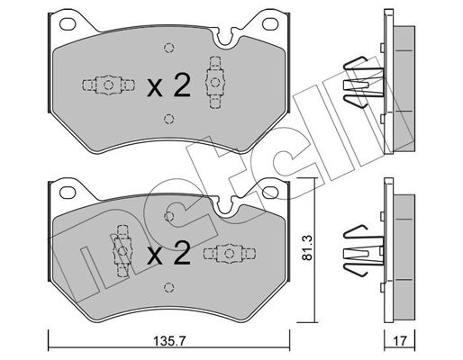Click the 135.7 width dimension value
(170, 341)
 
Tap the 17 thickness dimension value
(400, 341)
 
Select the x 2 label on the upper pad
(168, 86)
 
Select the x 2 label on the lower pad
(168, 254)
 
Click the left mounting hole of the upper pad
(68, 24)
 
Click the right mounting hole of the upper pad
(270, 24)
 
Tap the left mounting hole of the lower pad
(68, 193)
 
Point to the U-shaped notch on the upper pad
(225, 40)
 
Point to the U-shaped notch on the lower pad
(225, 207)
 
